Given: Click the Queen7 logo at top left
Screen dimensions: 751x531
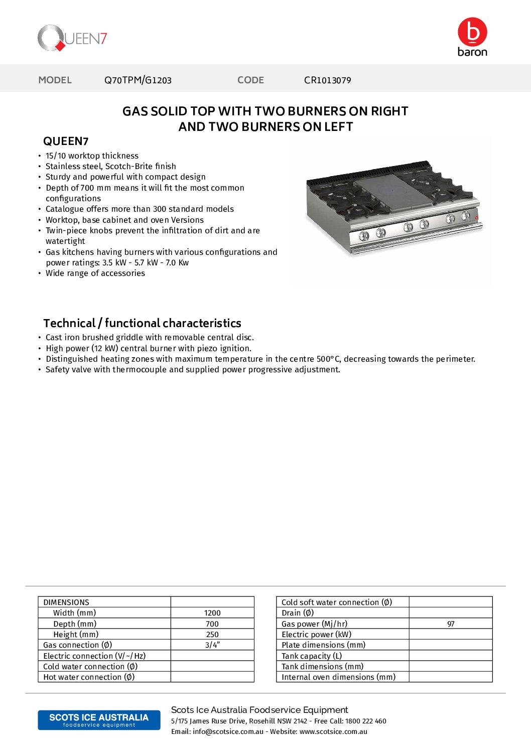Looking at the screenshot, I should point(72,38).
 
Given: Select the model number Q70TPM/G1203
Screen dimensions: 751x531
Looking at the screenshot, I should point(138,80).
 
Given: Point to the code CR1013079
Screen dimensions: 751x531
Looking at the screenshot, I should point(327,80).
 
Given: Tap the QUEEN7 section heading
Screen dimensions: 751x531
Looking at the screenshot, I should point(66,141).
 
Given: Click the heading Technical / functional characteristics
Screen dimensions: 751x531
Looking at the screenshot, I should point(142,323).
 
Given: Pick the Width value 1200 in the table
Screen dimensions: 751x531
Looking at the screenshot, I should point(212,613).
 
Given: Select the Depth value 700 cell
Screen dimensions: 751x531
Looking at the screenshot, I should point(212,624).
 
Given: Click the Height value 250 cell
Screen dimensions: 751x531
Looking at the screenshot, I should point(212,635).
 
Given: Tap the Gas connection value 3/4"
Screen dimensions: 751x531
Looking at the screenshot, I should point(212,645).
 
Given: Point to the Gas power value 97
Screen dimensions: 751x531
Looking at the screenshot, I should point(451,624).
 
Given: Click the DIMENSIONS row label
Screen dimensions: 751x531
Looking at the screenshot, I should point(66,603).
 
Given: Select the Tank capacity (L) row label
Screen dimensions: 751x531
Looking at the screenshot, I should point(312,656).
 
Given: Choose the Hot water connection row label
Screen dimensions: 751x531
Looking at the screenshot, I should point(89,677).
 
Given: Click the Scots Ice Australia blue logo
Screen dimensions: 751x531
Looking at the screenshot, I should point(99,720).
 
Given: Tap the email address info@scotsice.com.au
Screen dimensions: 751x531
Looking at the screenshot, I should point(228,732).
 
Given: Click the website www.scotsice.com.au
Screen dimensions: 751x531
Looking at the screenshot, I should point(333,732).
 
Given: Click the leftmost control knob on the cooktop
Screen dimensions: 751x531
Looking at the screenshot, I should point(364,236).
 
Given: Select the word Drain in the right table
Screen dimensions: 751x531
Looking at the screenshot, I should point(291,613).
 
